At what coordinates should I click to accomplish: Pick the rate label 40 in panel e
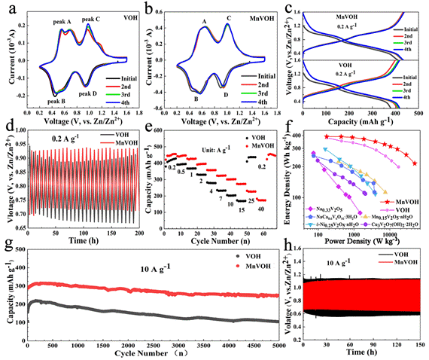point(261,209)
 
